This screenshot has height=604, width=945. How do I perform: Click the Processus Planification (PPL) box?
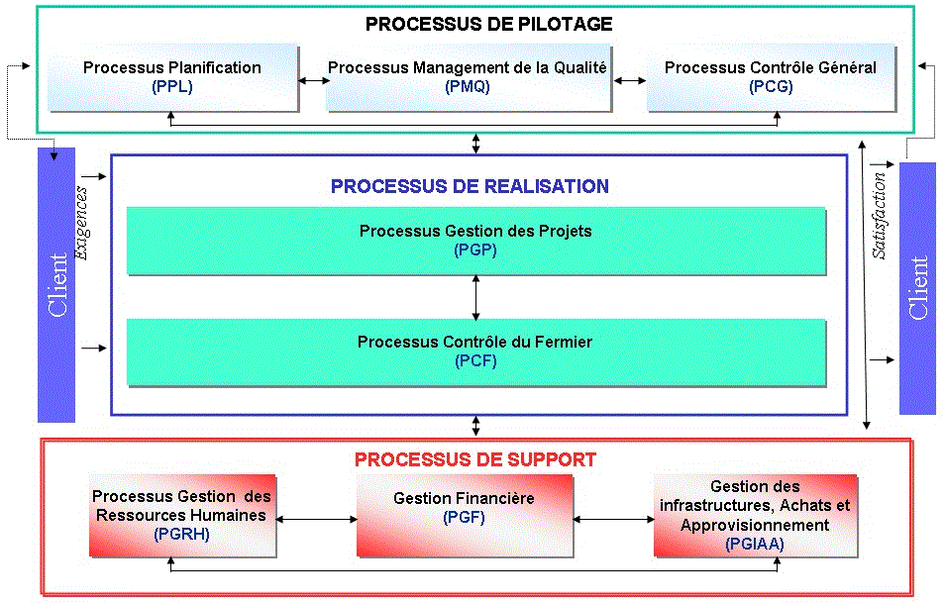pos(173,77)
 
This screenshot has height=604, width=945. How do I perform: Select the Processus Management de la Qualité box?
pos(469,77)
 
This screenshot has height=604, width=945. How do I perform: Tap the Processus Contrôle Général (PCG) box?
pos(772,77)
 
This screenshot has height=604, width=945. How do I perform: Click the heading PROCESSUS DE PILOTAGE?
pos(488,24)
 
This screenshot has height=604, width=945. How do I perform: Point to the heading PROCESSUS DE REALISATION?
pos(470,186)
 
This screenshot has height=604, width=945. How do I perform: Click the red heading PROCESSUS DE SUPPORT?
pos(474,459)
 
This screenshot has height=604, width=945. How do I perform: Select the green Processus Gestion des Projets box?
pos(476,241)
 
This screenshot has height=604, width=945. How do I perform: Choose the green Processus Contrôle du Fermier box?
pos(476,352)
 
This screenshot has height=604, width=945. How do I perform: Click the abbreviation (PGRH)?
pos(181,534)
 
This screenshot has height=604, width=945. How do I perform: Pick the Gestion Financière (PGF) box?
pos(465,516)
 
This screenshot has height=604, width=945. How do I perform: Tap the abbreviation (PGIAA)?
pos(755,544)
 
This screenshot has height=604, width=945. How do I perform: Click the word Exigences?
pos(81,223)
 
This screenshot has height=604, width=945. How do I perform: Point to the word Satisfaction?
pos(880,216)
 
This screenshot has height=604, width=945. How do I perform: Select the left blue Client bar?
pos(56,285)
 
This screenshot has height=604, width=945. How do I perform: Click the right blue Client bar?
pos(917,288)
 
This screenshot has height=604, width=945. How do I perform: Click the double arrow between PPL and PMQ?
pos(313,80)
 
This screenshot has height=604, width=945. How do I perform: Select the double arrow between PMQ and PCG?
pos(630,80)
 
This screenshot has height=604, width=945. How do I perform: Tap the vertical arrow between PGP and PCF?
pos(476,297)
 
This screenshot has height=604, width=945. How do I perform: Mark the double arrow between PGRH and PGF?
pos(316,519)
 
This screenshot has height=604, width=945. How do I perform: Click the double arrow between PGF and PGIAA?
pos(613,519)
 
